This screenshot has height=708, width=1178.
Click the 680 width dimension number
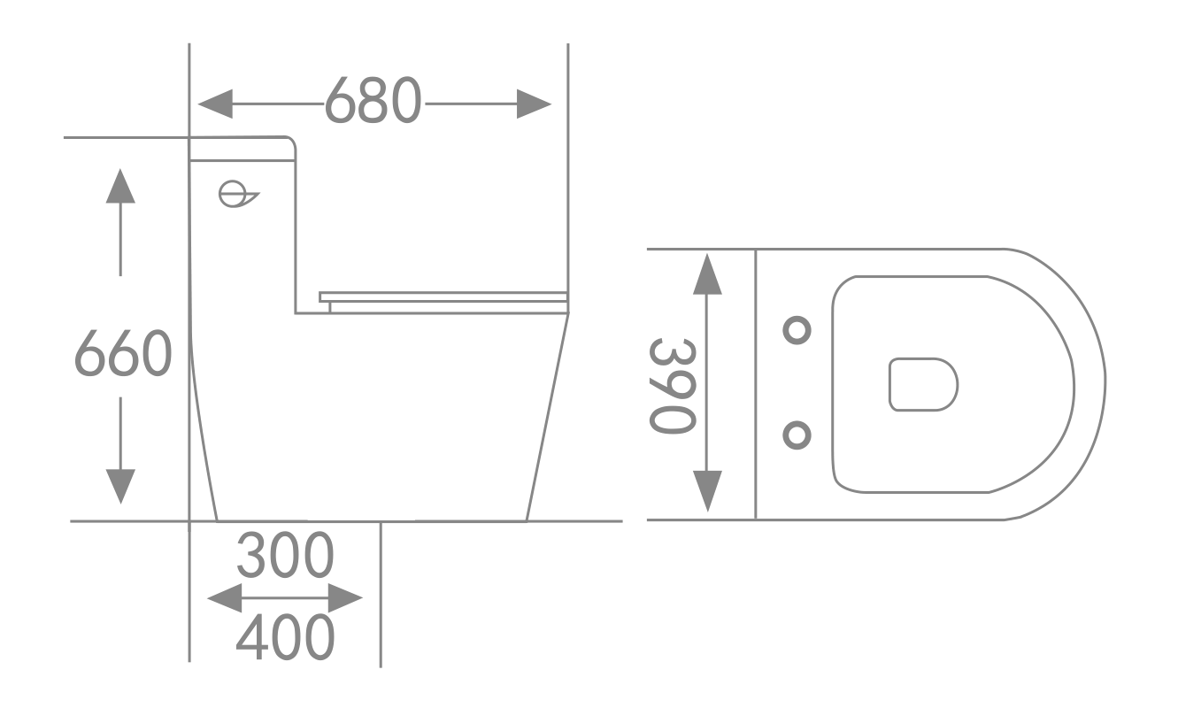coord(372,101)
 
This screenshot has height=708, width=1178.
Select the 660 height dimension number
coord(122,354)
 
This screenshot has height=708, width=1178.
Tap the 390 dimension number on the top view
coord(671,386)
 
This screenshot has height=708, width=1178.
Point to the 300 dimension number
coord(286,556)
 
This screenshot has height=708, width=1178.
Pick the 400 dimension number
coord(286,636)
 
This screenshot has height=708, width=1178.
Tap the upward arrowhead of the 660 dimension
coord(120,185)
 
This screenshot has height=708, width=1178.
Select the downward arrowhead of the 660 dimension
coord(120,486)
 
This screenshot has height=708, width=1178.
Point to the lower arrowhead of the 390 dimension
coord(706,491)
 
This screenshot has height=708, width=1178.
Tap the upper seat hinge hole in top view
coord(797,330)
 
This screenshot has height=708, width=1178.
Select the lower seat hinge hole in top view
coord(797,435)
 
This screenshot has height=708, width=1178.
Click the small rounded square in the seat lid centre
coord(923,384)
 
